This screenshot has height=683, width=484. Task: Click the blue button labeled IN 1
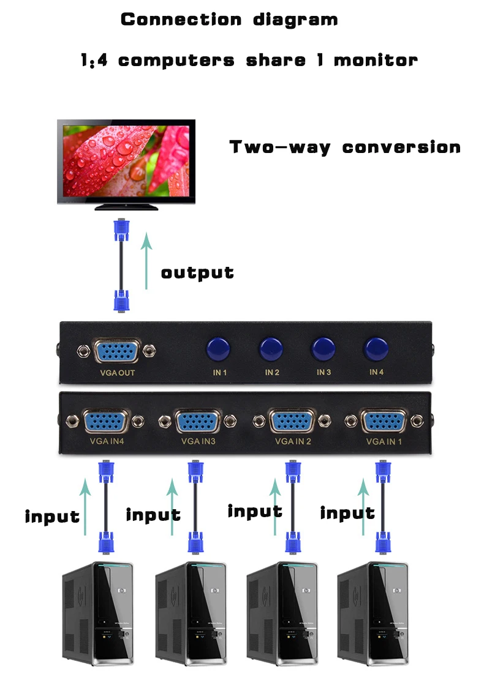[218, 349]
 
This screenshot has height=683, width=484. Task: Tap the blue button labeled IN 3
[323, 349]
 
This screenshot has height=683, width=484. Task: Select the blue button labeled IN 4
[376, 349]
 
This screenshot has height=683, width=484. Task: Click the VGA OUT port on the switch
[117, 351]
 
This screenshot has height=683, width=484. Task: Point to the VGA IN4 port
[105, 421]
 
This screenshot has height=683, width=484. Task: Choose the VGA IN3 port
[197, 422]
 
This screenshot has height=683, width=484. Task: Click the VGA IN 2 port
[292, 421]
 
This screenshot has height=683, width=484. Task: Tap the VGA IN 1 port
[384, 421]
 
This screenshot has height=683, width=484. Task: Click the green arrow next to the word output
[146, 261]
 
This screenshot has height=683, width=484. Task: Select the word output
[197, 273]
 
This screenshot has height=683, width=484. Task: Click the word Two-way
[280, 147]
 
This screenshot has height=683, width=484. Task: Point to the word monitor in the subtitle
[376, 60]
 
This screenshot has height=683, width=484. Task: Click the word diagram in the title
[295, 20]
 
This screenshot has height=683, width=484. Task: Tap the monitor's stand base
[126, 207]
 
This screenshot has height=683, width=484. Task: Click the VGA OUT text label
[117, 373]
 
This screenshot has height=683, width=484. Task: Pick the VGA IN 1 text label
[384, 441]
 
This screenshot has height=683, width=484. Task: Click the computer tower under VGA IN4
[97, 613]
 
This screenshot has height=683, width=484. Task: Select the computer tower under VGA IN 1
[373, 613]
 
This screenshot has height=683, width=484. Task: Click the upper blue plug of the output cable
[121, 230]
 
